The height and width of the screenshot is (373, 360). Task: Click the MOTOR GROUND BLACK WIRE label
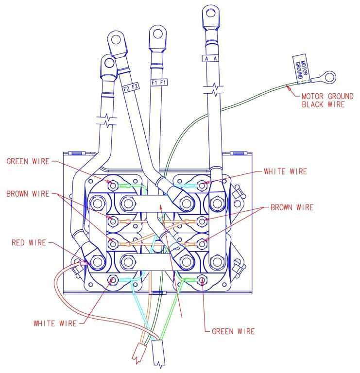324,100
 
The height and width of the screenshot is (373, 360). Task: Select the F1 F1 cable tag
159,83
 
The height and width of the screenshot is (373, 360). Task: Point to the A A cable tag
211,58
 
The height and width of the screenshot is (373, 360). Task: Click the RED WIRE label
29,242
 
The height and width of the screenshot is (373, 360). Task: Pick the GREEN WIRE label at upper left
28,161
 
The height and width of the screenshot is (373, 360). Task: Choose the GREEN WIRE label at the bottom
233,332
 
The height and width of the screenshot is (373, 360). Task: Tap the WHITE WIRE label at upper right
286,171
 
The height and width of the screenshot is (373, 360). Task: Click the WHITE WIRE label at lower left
55,323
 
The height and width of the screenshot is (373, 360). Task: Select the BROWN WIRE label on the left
28,194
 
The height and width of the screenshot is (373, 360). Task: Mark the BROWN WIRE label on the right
291,207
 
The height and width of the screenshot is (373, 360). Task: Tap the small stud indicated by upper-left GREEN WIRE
113,185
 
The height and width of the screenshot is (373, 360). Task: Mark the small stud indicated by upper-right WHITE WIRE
202,185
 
